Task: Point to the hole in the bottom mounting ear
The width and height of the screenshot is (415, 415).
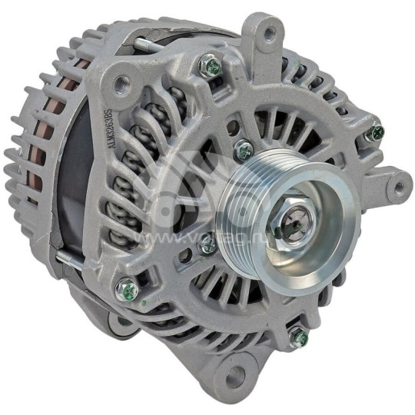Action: [x=235, y=376]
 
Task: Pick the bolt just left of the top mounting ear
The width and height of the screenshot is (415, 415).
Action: [x=211, y=67]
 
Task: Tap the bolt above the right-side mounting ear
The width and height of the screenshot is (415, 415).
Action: [x=375, y=133]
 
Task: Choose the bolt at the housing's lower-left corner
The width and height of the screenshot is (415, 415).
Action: [x=127, y=290]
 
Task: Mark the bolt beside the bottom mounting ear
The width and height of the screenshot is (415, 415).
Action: [x=297, y=335]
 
